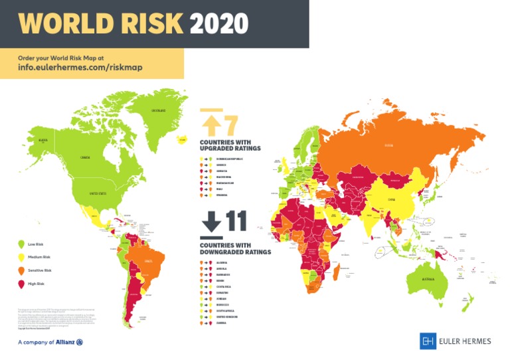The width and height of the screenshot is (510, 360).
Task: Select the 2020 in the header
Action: click(x=218, y=23)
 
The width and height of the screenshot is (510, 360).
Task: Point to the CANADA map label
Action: click(x=85, y=157)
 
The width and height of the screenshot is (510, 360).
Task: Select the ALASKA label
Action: click(x=44, y=140)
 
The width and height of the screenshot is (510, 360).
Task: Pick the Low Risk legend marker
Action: click(x=20, y=245)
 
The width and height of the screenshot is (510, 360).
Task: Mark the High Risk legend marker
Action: click(x=20, y=284)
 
